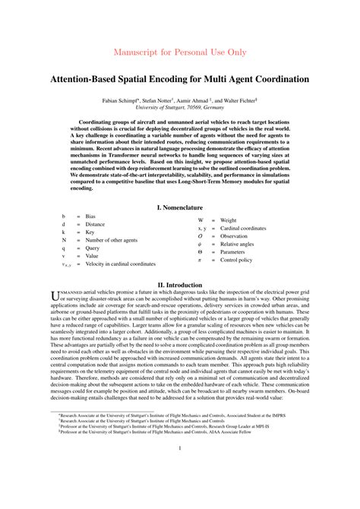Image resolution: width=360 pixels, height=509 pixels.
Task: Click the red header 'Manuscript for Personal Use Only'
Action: click(x=179, y=52)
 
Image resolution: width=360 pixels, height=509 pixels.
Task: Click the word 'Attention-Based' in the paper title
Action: click(x=84, y=78)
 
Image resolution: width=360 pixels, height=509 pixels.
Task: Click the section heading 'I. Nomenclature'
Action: click(x=179, y=207)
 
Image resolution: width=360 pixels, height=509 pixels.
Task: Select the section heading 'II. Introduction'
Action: click(x=179, y=286)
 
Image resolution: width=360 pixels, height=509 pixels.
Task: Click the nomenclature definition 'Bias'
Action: click(x=90, y=217)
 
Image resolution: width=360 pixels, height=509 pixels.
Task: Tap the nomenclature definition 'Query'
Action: click(x=92, y=248)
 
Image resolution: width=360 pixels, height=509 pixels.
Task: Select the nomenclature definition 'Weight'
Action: click(x=230, y=220)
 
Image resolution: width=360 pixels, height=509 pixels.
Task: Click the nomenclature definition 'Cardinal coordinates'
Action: click(x=243, y=228)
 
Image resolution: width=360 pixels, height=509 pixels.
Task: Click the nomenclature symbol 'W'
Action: click(x=201, y=220)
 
